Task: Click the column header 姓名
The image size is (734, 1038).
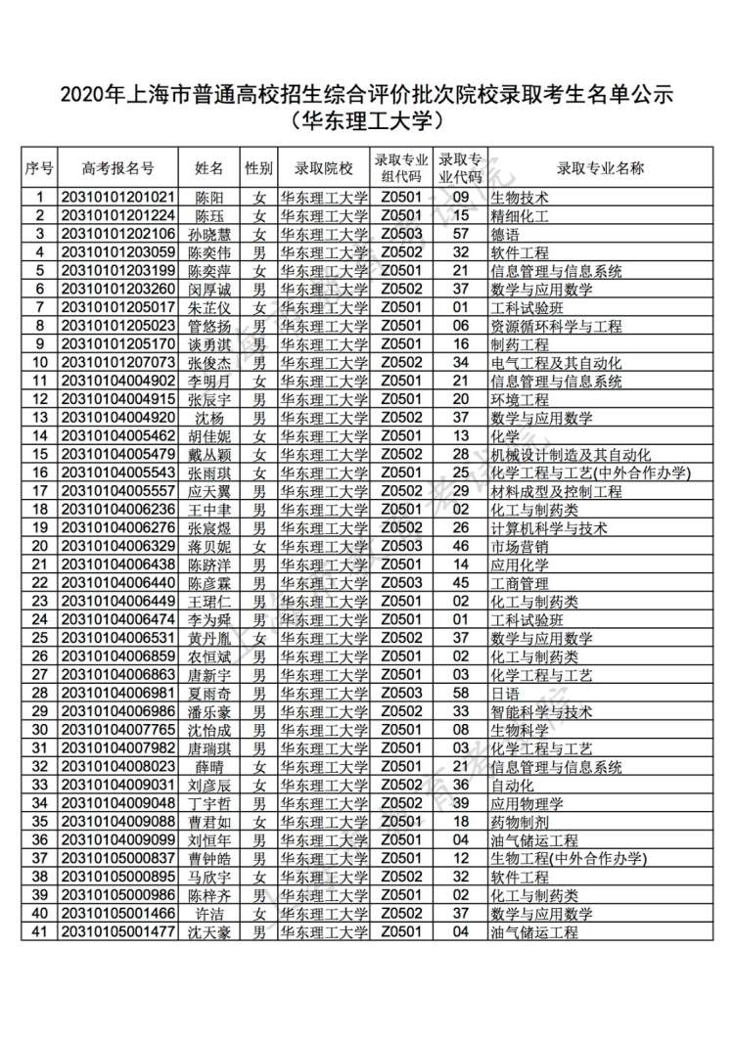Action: (209, 168)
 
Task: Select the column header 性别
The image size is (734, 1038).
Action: (258, 168)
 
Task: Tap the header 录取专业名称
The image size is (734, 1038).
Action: (600, 168)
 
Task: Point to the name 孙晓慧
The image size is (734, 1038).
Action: (209, 234)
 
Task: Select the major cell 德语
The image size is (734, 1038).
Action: (507, 234)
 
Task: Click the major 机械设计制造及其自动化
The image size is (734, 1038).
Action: (571, 455)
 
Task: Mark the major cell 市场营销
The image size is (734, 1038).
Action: (520, 547)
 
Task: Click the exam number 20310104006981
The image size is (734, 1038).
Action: (118, 694)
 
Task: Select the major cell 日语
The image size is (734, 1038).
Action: (507, 694)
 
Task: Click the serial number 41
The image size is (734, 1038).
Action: (40, 932)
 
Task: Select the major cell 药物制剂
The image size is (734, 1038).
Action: (520, 822)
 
